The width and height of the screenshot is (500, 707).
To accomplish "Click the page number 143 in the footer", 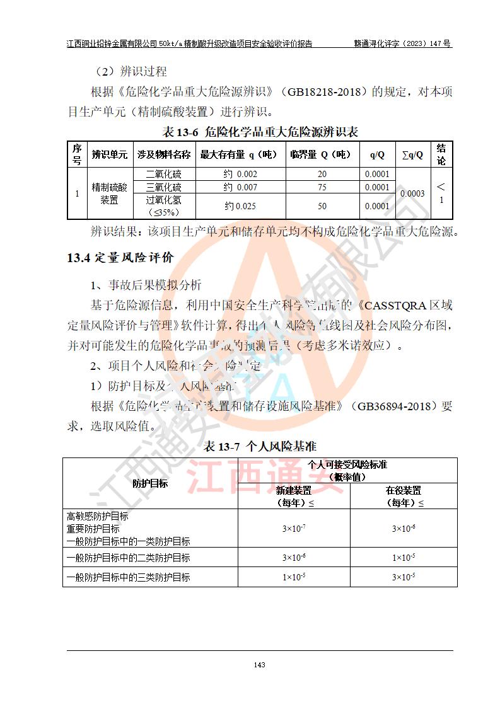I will point(259,665).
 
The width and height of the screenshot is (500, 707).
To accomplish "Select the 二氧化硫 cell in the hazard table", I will point(163,174).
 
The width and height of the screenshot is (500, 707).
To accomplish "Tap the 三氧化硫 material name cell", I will point(163,187).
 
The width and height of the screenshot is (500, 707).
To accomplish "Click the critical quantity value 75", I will point(322,187).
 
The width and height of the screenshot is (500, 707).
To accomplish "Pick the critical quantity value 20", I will point(322,174).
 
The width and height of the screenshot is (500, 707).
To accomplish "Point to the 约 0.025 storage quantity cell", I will point(240,206).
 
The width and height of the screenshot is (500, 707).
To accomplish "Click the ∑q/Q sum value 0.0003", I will point(412,193).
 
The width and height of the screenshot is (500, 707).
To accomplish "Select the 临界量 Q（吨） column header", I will point(322,154).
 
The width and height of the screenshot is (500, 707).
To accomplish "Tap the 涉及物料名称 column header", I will point(163,154).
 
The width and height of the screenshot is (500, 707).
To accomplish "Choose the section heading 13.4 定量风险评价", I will point(120,257).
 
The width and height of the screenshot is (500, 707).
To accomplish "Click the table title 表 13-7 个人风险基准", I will point(259,446).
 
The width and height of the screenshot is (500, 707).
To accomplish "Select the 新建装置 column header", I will point(294,496).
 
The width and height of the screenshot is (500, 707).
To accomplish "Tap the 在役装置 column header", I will point(404,496).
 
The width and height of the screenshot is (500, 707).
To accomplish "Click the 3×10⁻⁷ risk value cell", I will point(294,528).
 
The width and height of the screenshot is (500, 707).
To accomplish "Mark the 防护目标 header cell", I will point(150,483).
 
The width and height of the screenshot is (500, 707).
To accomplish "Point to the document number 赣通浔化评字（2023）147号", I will point(402,44).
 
